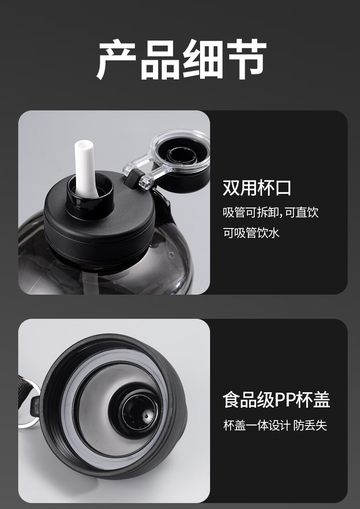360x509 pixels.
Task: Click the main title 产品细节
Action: tap(181, 59)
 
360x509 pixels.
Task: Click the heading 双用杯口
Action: tap(257, 187)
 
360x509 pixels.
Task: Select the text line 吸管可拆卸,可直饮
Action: tap(271, 212)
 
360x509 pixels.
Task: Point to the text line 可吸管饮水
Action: tap(251, 233)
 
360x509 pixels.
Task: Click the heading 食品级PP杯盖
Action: tap(276, 400)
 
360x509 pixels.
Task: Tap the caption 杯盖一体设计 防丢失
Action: tap(275, 425)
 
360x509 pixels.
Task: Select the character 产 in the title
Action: tap(117, 59)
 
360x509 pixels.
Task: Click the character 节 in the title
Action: tap(247, 59)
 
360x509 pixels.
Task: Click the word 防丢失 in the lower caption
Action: tap(310, 425)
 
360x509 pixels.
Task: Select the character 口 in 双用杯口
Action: tap(283, 188)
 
